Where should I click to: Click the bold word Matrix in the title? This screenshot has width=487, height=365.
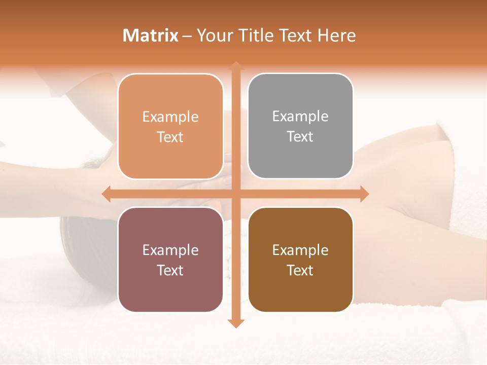tap(151, 35)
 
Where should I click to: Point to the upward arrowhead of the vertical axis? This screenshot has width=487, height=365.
tap(235, 66)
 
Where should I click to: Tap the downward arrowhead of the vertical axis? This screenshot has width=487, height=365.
tap(235, 323)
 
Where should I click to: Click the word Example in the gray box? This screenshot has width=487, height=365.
tap(300, 117)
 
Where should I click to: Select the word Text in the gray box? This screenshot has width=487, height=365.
tap(300, 137)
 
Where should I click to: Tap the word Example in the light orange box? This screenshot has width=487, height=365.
tap(170, 117)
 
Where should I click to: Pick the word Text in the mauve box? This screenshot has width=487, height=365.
tap(170, 271)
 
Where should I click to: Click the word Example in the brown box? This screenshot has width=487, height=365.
tap(300, 250)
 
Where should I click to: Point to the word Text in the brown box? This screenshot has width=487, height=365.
tap(300, 271)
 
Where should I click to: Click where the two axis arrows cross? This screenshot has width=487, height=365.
tap(235, 194)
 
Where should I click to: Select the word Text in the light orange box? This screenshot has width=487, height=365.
tap(170, 137)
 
